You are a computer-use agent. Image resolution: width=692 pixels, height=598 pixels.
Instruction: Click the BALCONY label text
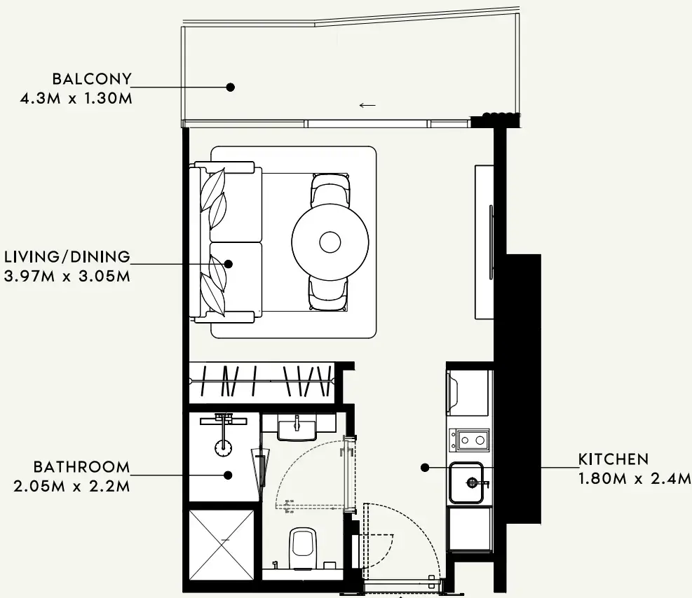tap(92, 79)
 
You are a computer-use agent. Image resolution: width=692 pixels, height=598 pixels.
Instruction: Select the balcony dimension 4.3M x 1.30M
tap(76, 98)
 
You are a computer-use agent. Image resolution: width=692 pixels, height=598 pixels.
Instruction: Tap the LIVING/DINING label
tap(67, 257)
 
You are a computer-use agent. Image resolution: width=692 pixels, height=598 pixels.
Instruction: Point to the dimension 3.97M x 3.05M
tap(67, 277)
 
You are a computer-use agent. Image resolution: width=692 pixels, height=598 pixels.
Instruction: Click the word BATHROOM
tap(81, 466)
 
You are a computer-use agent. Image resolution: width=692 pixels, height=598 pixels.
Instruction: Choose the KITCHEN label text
tap(613, 459)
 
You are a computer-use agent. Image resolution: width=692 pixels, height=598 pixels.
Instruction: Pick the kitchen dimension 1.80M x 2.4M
tap(635, 478)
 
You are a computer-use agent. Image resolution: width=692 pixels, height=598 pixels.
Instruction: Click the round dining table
tap(330, 242)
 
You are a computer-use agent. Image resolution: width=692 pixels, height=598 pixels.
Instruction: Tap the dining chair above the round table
tap(330, 190)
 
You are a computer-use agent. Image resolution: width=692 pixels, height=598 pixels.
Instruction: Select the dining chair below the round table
tap(328, 293)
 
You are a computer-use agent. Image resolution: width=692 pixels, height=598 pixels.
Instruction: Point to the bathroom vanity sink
tap(297, 429)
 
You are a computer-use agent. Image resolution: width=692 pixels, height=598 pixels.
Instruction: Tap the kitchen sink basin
tap(466, 482)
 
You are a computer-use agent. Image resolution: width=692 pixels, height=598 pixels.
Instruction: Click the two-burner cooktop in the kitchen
tap(469, 440)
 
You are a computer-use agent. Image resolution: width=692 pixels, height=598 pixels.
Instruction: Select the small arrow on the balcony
tap(367, 105)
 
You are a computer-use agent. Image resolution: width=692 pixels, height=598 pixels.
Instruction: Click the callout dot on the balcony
tap(230, 88)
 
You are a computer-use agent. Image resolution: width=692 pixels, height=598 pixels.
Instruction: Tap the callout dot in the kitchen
tap(425, 468)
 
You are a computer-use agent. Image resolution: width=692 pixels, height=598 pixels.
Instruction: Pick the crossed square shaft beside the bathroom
tap(222, 545)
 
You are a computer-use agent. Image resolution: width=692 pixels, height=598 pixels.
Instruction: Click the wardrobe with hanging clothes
tap(262, 382)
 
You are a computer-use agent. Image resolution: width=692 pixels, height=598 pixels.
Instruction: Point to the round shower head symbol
tap(224, 447)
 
